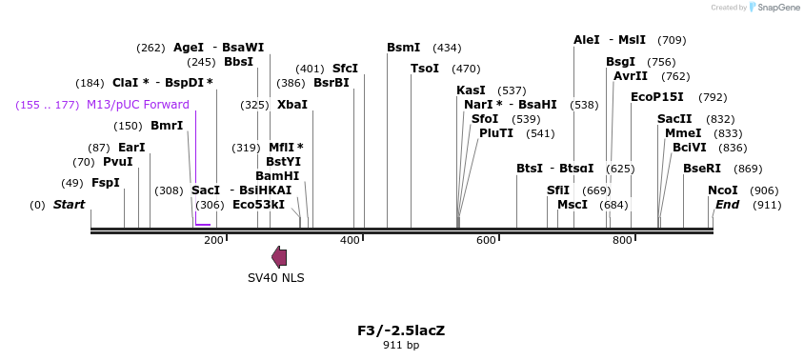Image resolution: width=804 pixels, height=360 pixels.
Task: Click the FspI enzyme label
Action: tap(105, 182)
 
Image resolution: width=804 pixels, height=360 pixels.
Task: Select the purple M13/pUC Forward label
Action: tap(137, 105)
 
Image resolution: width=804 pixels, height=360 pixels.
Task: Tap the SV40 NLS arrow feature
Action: tap(279, 256)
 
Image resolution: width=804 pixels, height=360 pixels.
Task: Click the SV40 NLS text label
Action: tap(276, 278)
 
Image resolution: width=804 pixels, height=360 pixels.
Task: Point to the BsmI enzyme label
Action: tap(403, 48)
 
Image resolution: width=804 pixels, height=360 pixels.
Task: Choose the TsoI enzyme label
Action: tap(425, 69)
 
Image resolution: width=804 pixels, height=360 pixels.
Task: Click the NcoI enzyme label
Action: tap(723, 190)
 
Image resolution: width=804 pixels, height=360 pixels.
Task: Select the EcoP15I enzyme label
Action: tap(657, 97)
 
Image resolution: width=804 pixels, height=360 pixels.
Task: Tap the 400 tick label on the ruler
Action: tap(351, 240)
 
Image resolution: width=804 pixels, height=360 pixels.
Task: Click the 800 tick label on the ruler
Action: tap(622, 240)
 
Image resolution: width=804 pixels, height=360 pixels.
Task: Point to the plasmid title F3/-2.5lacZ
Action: tap(401, 330)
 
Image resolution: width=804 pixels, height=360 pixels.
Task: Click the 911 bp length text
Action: tap(401, 345)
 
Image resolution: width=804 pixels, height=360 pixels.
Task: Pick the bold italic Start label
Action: tap(69, 205)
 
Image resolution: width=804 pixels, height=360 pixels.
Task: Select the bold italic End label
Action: tap(727, 205)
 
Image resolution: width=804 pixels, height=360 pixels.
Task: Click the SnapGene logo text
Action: tap(778, 8)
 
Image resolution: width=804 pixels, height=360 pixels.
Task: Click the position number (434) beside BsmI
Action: tap(447, 48)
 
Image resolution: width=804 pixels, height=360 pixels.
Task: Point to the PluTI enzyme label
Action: tap(496, 133)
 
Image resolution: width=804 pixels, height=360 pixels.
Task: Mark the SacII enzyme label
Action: tap(674, 119)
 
